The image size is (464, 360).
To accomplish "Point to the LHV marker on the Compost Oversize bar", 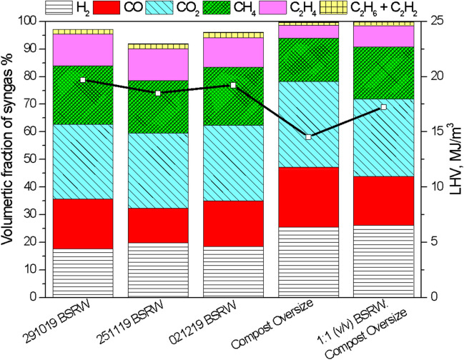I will (308, 137).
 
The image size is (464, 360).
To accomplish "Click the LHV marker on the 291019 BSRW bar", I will (83, 80).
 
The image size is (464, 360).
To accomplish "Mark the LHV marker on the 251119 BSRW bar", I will (158, 93).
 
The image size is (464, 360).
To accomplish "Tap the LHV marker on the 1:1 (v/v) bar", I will (384, 107).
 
